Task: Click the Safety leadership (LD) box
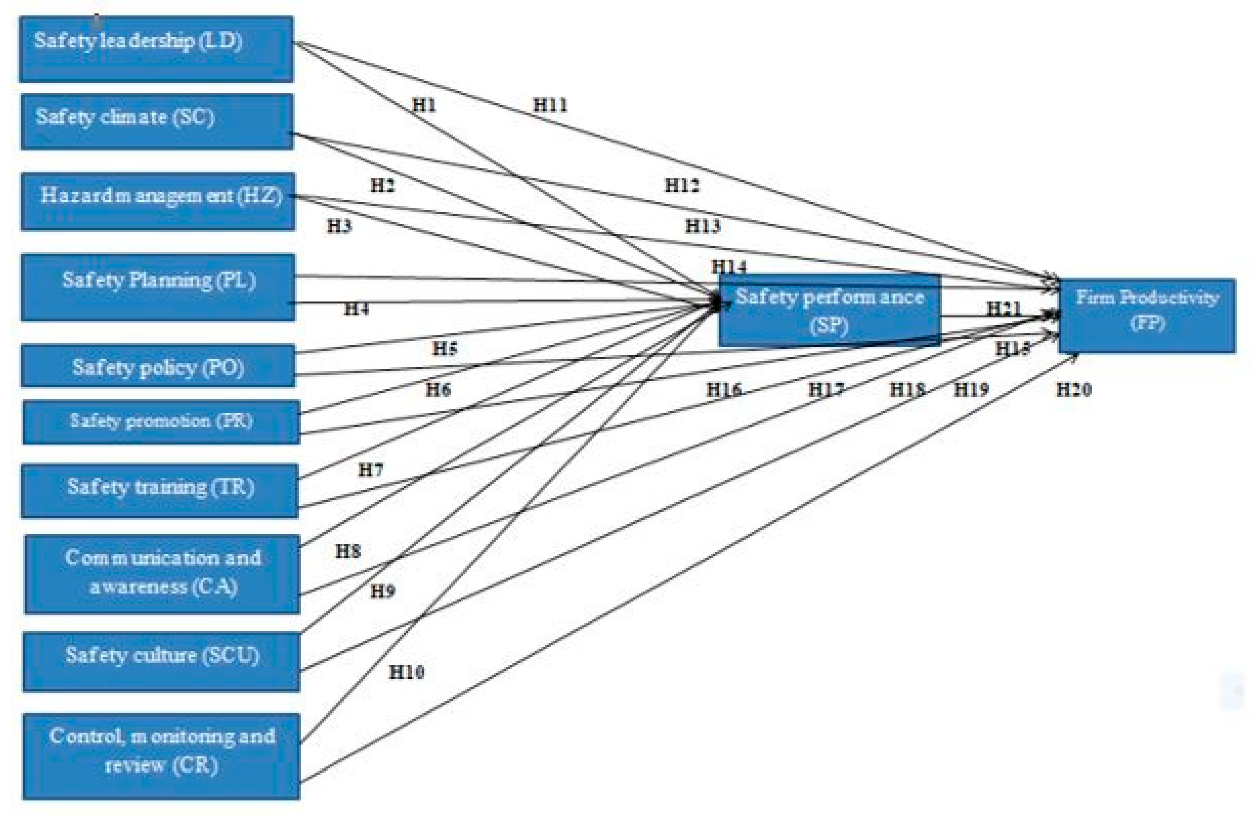[x=156, y=49]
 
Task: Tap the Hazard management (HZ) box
[x=158, y=202]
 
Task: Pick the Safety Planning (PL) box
[x=158, y=287]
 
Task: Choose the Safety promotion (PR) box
[x=161, y=422]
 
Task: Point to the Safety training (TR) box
[x=160, y=490]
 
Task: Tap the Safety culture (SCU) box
[x=161, y=661]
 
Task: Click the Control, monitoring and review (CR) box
[x=161, y=756]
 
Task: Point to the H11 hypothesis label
[x=550, y=105]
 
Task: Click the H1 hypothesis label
[x=424, y=105]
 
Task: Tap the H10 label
[x=407, y=672]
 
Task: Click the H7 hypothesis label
[x=371, y=470]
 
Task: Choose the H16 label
[x=724, y=390]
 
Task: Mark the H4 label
[x=356, y=309]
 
